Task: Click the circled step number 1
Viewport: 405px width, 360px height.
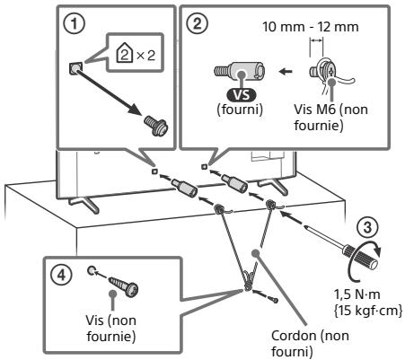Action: (x=74, y=24)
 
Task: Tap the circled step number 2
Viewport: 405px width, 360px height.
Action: (x=197, y=23)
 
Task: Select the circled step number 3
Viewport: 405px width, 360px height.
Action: (x=367, y=227)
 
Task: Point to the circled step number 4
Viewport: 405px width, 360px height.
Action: (x=61, y=275)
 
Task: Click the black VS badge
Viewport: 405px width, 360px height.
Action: (x=242, y=95)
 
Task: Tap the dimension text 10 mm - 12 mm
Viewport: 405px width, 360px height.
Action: (x=311, y=27)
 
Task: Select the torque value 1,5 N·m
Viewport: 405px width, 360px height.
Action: (x=357, y=294)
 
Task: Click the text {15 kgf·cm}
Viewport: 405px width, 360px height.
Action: (x=368, y=311)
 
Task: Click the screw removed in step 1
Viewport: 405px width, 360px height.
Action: (x=155, y=126)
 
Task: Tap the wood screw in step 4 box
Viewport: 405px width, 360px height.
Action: (x=124, y=286)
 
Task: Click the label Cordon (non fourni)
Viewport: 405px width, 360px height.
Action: (x=310, y=344)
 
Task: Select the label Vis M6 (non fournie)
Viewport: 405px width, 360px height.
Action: (x=330, y=118)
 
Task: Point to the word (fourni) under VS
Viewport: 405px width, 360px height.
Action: (x=240, y=110)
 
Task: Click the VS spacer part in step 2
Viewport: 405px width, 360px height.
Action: (x=240, y=70)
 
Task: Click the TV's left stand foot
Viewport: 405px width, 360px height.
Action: (x=84, y=204)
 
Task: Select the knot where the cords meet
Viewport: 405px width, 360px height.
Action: (x=249, y=279)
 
